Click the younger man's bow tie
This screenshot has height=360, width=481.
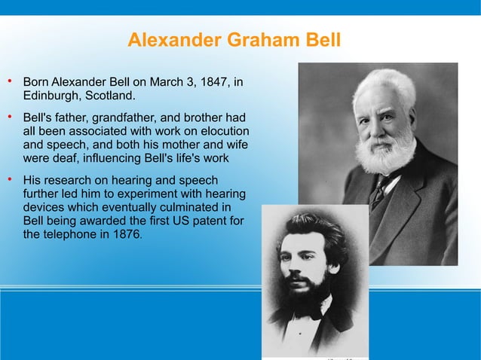(308, 308)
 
